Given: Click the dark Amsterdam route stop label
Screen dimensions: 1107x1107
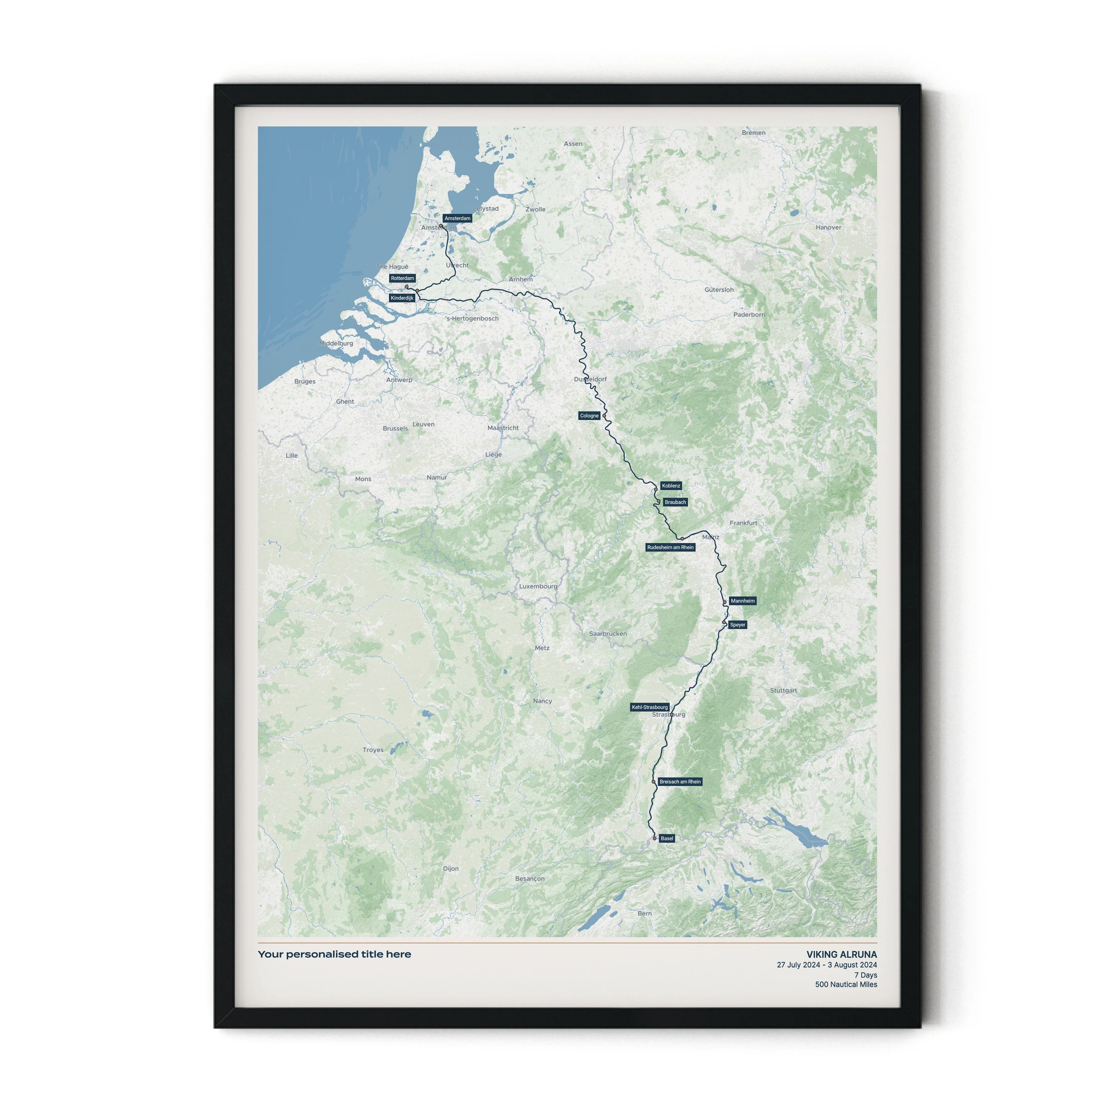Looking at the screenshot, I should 457,218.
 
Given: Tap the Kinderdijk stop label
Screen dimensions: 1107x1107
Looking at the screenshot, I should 402,298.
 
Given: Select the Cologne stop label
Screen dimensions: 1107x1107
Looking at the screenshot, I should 589,416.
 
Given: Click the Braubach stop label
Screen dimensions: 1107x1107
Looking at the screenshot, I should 675,502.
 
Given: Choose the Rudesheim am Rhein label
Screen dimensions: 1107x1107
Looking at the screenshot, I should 670,547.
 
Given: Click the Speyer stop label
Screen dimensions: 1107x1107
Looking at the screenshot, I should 738,625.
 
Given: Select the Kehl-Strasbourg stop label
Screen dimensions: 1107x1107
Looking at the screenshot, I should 650,707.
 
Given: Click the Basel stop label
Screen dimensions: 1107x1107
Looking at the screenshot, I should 667,838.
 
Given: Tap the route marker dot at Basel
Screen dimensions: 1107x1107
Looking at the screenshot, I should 654,838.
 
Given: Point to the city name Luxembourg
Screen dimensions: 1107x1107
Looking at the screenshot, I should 538,586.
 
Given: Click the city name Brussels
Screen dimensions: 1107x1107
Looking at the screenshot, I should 395,428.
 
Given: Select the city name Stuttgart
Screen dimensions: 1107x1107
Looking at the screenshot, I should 783,690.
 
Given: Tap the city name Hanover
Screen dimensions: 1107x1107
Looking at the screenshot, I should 829,227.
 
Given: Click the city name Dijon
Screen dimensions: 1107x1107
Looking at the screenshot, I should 451,869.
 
